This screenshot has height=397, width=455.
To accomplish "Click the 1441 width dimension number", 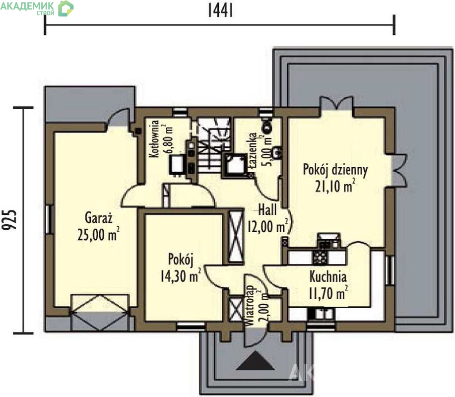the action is pyautogui.click(x=220, y=11).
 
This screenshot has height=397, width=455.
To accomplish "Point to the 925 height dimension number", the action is pyautogui.click(x=9, y=220).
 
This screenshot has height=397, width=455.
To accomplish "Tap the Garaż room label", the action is pyautogui.click(x=99, y=218).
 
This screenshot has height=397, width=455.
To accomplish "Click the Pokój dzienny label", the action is pyautogui.click(x=335, y=170).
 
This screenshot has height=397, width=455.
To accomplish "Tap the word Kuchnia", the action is pyautogui.click(x=328, y=276).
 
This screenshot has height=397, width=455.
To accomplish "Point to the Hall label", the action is pyautogui.click(x=267, y=209).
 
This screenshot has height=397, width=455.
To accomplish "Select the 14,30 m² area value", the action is pyautogui.click(x=181, y=275).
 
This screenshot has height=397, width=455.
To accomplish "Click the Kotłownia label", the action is pyautogui.click(x=154, y=139).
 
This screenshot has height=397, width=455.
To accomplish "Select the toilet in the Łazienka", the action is pyautogui.click(x=266, y=124).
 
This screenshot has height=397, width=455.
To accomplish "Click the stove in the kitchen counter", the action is pyautogui.click(x=320, y=257).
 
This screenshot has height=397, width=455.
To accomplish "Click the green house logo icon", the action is pyautogui.click(x=66, y=8).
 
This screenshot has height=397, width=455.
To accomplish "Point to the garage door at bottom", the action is pyautogui.click(x=100, y=313).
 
